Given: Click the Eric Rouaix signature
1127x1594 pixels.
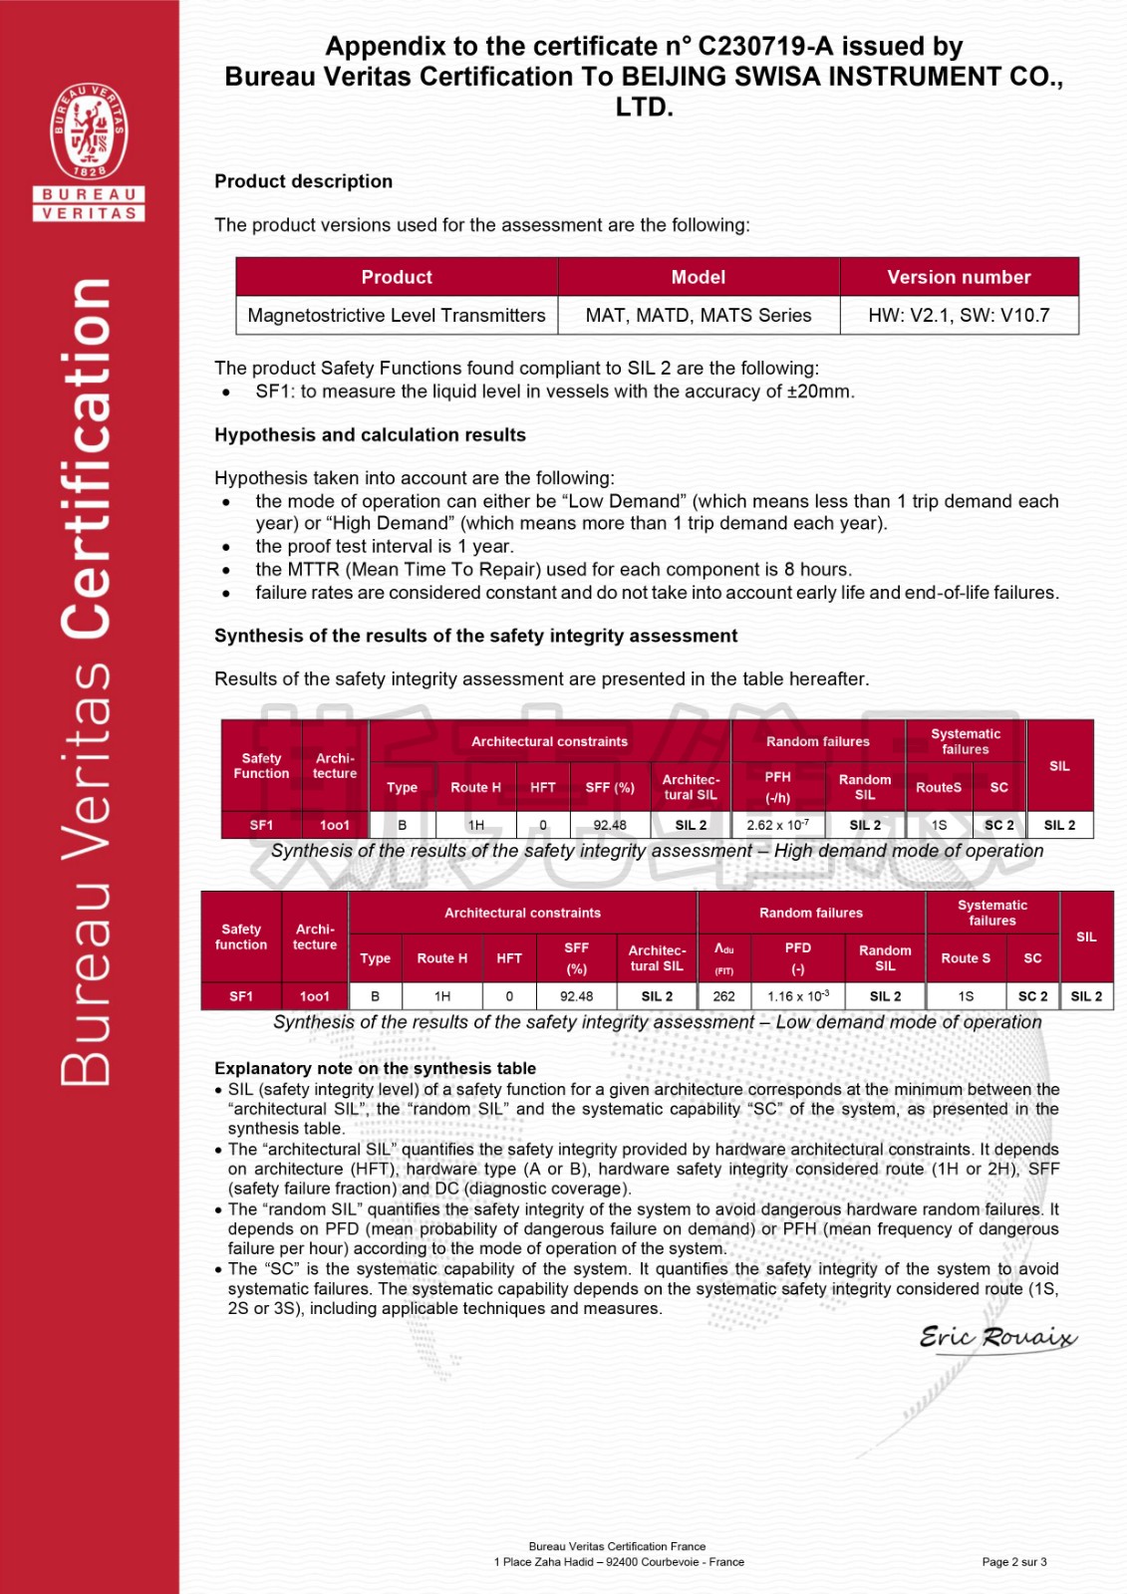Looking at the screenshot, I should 997,1337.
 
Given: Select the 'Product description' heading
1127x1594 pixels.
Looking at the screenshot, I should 303,181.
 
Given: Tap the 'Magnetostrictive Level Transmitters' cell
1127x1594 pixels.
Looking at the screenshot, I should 397,316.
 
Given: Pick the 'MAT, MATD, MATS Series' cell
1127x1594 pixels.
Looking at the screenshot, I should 698,316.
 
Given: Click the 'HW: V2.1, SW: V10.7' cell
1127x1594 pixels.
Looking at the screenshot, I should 959,316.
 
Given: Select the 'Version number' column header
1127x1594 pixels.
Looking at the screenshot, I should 959,277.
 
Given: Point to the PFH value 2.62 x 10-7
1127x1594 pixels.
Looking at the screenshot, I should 777,825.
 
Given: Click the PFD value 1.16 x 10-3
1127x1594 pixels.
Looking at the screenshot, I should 797,996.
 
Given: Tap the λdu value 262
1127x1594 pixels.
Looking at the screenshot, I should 724,996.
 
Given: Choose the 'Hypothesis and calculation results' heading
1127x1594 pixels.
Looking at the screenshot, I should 370,434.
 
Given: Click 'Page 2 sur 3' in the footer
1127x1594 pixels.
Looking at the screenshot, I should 1014,1562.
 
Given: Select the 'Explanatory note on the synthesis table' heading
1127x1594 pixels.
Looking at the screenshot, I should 375,1068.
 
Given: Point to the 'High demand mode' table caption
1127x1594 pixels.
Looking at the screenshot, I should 657,851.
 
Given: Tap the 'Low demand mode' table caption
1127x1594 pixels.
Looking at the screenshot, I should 657,1022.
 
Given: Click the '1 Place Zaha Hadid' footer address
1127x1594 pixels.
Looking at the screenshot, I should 619,1562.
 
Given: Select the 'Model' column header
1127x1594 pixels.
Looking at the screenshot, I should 698,277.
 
